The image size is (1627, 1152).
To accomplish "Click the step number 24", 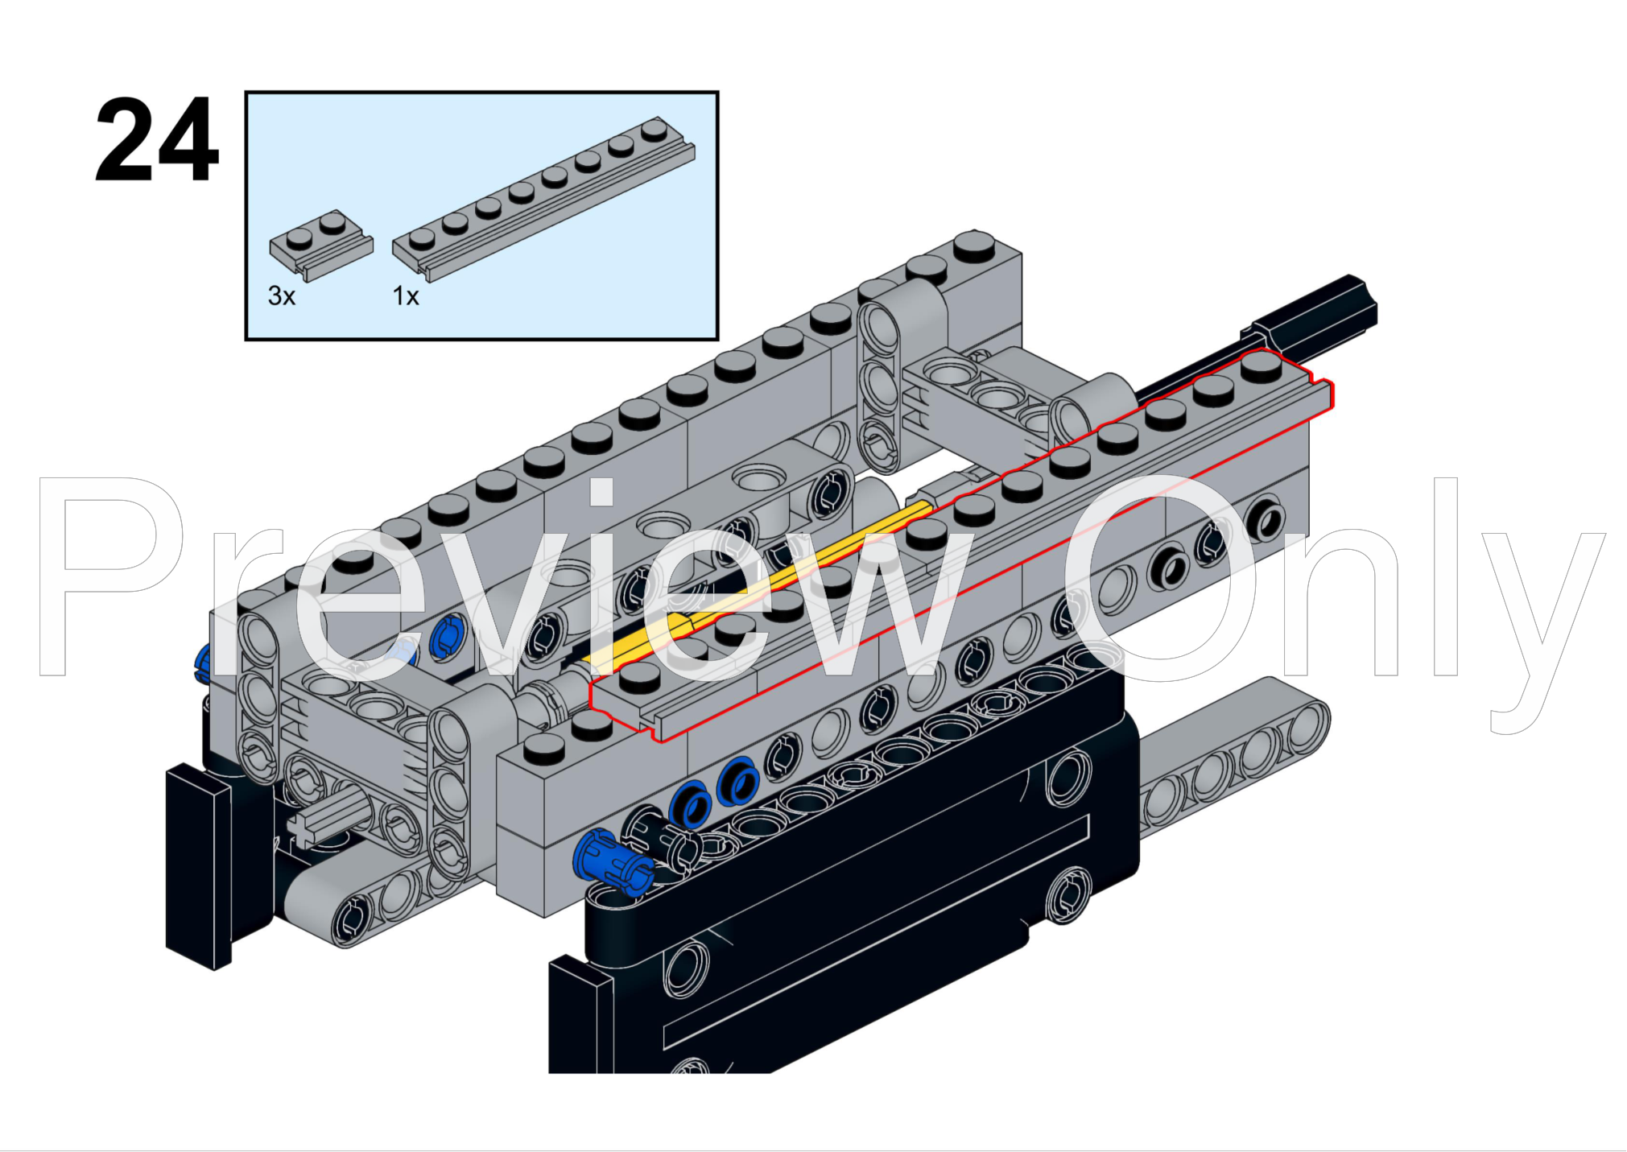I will (x=156, y=140).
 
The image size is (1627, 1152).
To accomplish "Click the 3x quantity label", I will (x=281, y=296).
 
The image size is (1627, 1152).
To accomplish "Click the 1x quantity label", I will (x=406, y=296).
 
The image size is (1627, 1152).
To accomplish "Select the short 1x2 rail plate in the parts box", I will (x=320, y=245).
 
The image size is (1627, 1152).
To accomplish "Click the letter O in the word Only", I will (x=1159, y=576).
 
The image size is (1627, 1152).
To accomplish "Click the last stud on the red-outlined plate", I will (x=1261, y=365).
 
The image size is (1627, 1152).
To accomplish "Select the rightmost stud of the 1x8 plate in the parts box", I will (x=655, y=129).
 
